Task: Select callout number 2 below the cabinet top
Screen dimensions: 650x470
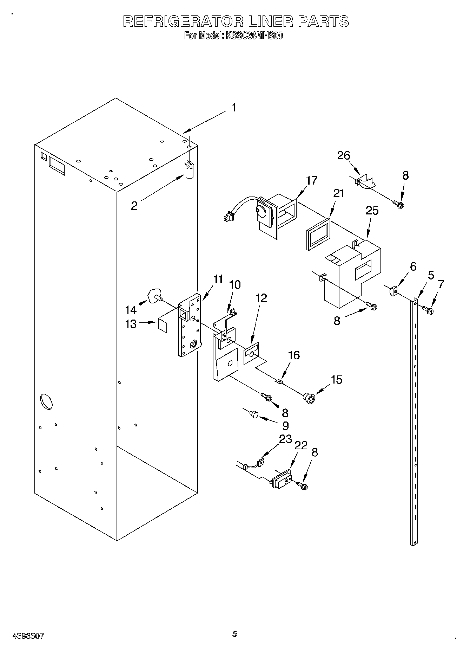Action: (x=134, y=206)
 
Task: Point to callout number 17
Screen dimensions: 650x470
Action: (x=311, y=181)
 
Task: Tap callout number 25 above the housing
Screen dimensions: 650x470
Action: (x=372, y=211)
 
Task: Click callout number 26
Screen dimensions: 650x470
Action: (x=344, y=155)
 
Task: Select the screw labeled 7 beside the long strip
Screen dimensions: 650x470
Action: (x=428, y=310)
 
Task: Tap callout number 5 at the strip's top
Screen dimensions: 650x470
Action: (x=431, y=275)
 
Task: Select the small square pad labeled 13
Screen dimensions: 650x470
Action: (x=163, y=325)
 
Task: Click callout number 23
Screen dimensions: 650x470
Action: (x=285, y=439)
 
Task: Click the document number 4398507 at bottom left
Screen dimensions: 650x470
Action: (x=28, y=635)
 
